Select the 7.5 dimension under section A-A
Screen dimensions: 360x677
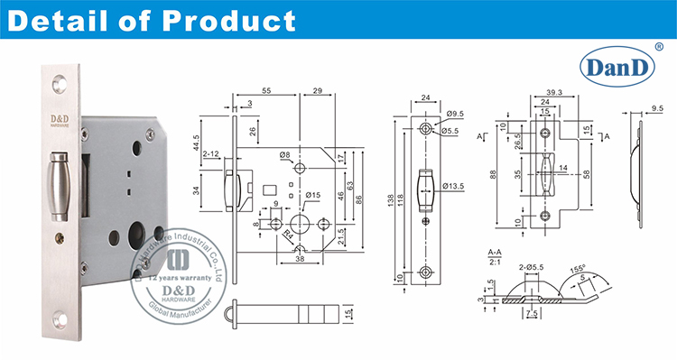click(533, 314)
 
